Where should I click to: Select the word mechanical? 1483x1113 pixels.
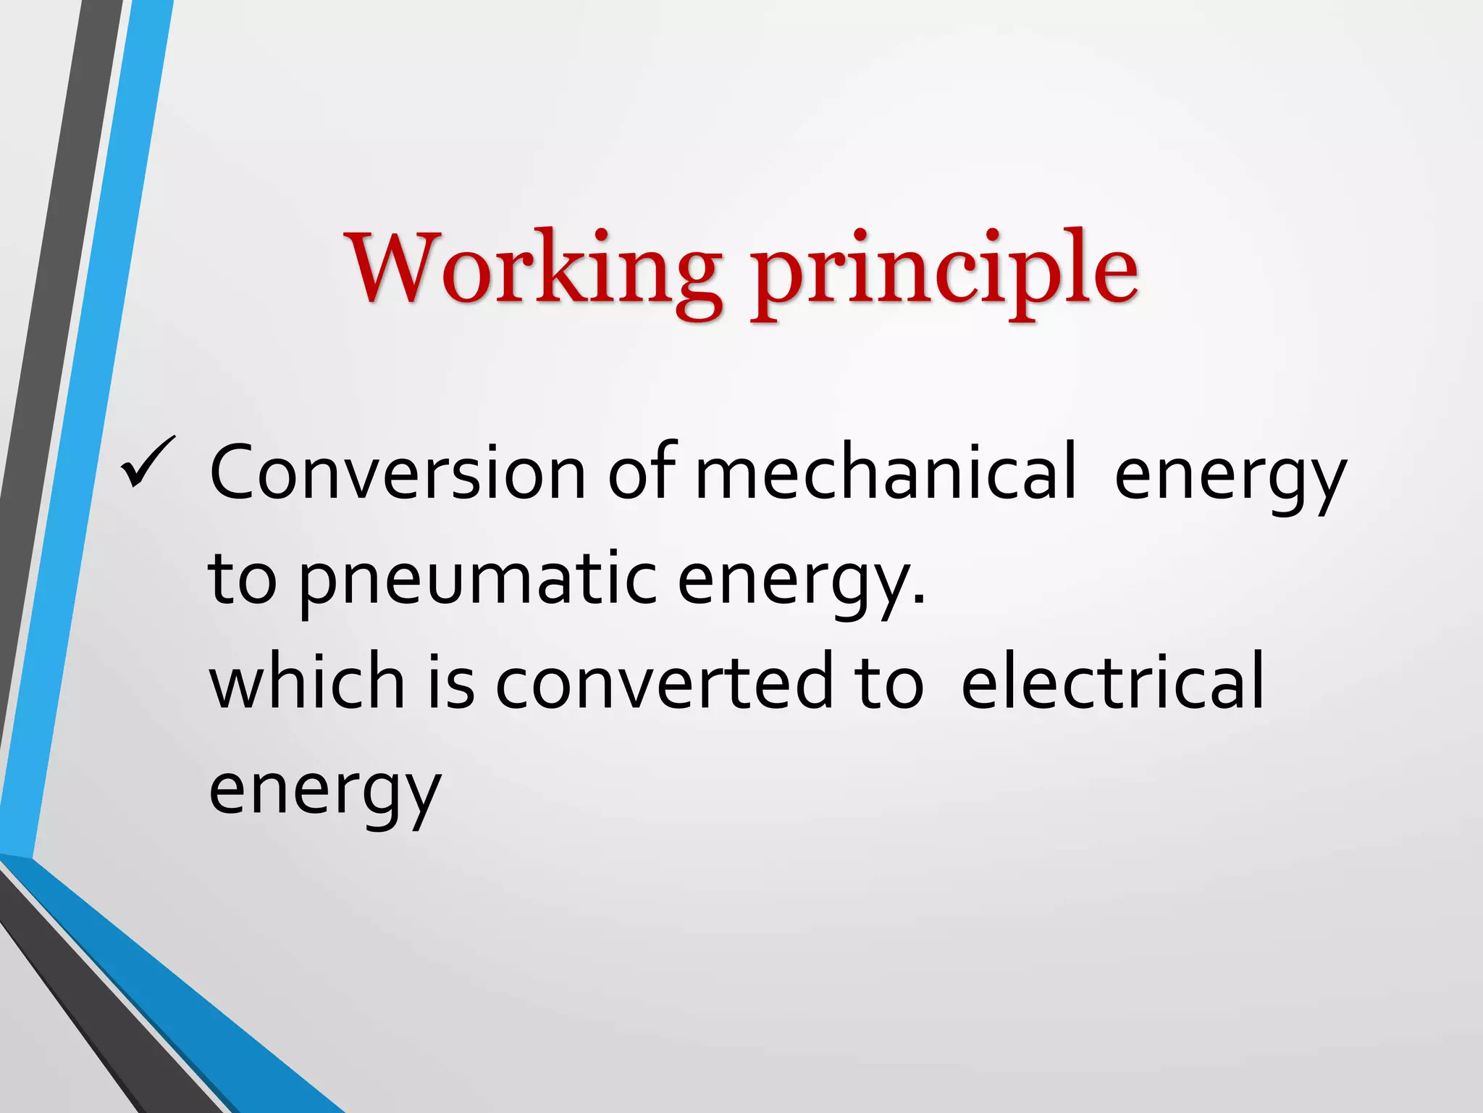click(885, 473)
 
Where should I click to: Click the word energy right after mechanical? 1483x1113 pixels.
click(1230, 478)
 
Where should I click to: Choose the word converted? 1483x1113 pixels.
click(664, 681)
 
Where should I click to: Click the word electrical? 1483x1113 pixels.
click(1112, 681)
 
